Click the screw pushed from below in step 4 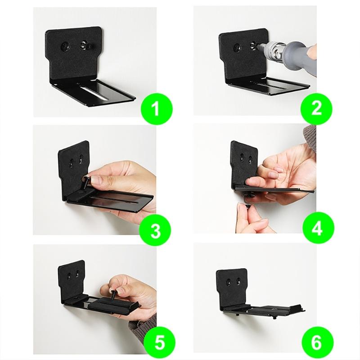(249, 198)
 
